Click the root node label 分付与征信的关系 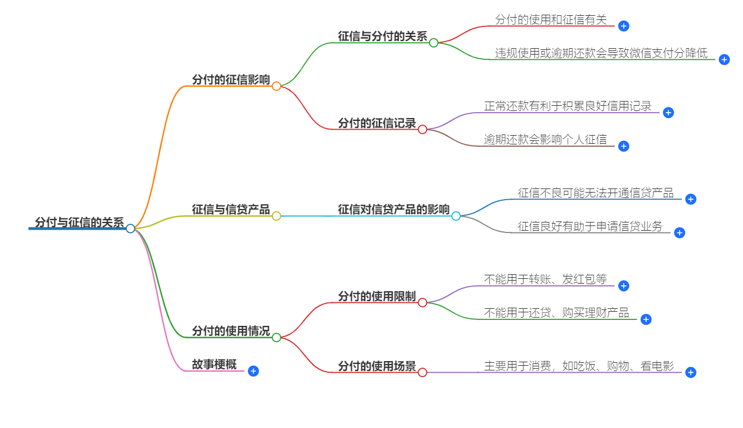79,223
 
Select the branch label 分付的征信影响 231,80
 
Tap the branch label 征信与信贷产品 231,210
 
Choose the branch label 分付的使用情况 231,331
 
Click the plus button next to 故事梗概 253,371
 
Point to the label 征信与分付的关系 382,36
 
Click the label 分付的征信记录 376,123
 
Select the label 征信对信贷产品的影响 394,210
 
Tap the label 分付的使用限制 376,296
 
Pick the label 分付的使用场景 376,366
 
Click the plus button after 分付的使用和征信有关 624,26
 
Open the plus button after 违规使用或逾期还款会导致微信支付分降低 724,59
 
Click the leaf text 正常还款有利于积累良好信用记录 567,106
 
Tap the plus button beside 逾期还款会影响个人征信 624,146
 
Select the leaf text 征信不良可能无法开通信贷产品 596,193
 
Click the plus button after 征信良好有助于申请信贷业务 680,232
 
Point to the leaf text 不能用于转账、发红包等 545,279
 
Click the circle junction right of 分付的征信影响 277,86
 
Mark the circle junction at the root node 130,228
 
